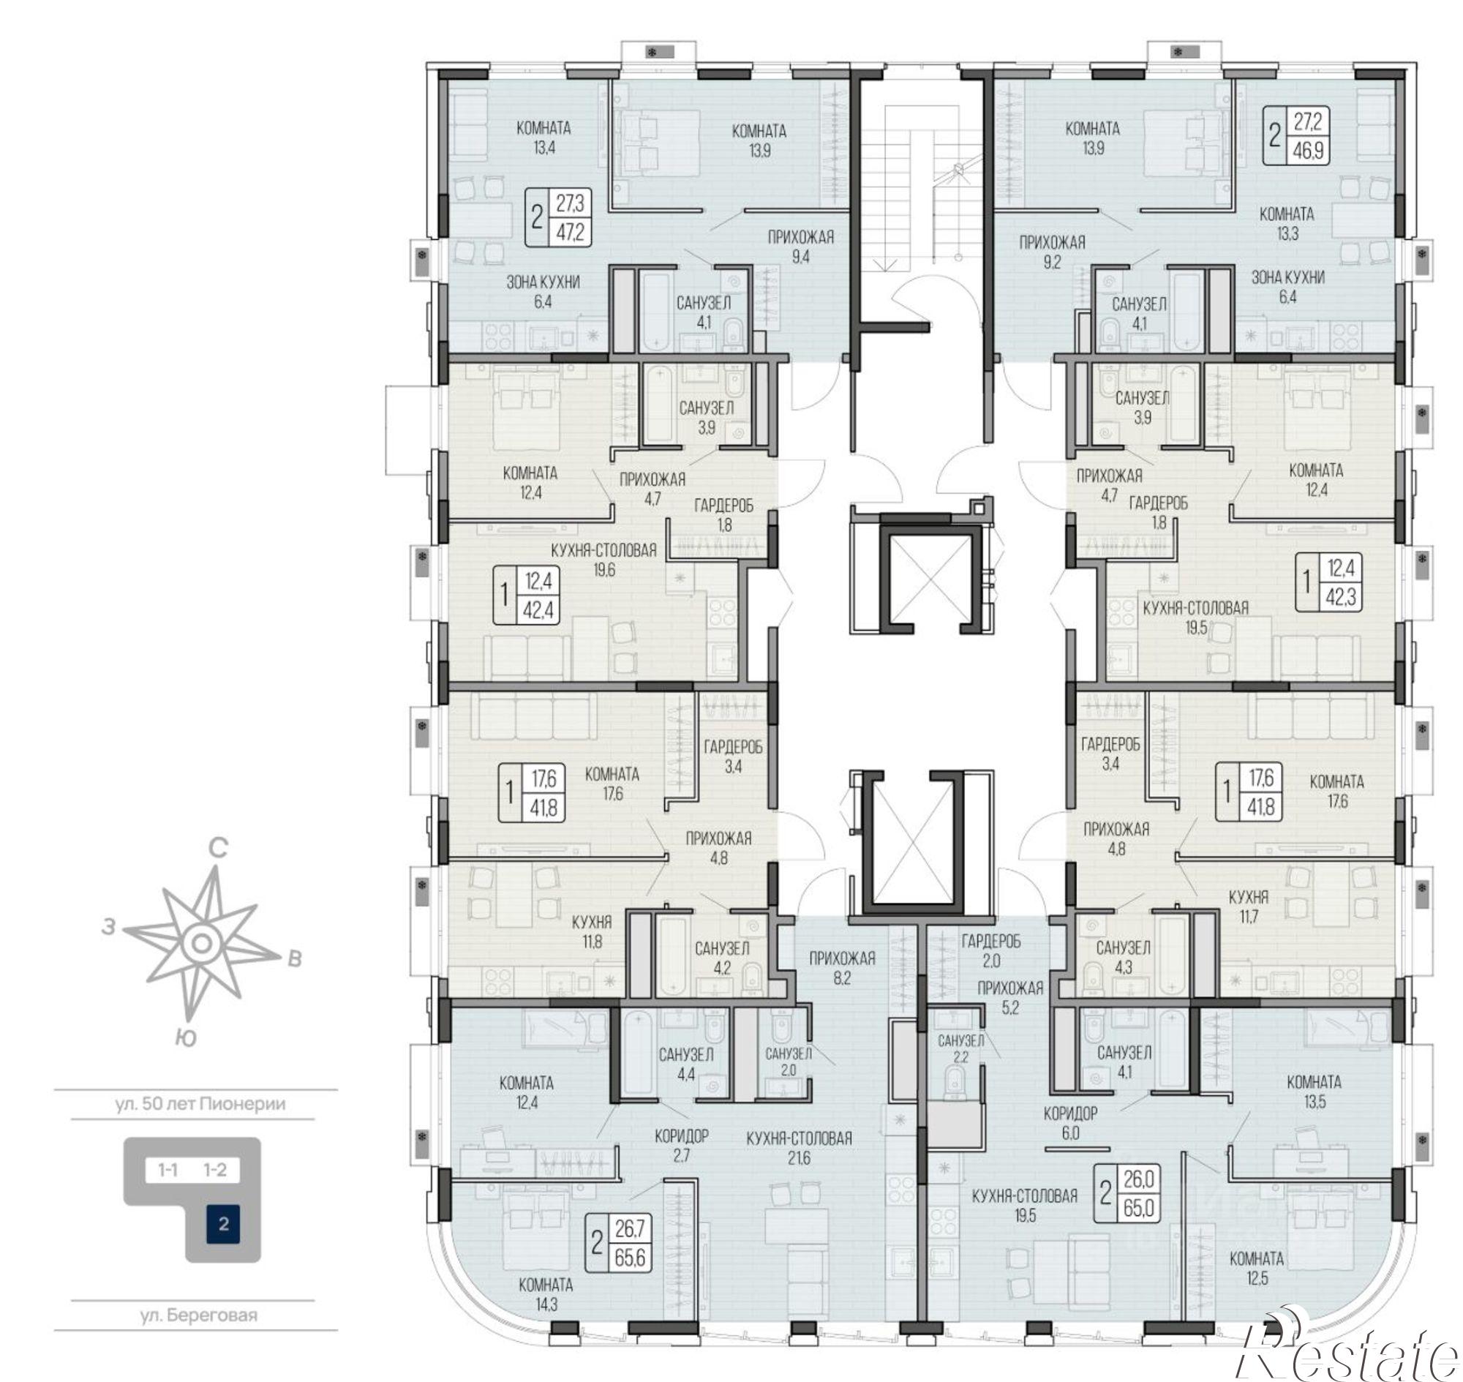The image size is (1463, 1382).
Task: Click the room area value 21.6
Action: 799,1159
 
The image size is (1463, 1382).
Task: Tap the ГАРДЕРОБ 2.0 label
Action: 990,950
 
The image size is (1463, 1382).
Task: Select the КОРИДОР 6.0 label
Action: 1070,1124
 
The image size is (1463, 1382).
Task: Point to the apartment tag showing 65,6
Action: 618,1244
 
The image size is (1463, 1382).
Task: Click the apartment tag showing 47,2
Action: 557,217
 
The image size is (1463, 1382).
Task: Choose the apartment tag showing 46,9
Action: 1296,135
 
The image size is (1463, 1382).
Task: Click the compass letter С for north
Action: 218,848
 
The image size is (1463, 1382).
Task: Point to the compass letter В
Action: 294,959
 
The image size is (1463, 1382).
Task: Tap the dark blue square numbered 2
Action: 224,1225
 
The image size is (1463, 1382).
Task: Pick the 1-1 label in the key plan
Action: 168,1169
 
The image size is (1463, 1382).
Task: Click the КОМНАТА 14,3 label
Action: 546,1294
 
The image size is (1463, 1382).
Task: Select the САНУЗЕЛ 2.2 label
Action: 960,1048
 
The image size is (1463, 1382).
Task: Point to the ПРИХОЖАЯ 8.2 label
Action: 842,968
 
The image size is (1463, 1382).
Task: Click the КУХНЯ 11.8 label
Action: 593,931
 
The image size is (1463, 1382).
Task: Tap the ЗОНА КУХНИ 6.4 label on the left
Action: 543,291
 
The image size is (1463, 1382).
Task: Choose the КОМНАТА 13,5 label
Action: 1315,1092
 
